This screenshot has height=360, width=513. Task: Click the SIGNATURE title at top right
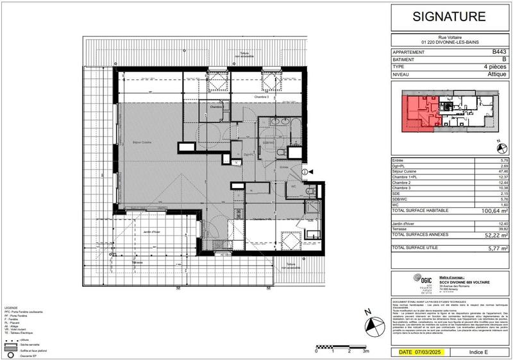click(x=451, y=16)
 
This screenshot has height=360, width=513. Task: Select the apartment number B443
click(x=499, y=51)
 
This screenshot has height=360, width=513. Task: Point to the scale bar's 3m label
click(x=366, y=352)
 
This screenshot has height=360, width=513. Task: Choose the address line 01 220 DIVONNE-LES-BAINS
click(x=451, y=42)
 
